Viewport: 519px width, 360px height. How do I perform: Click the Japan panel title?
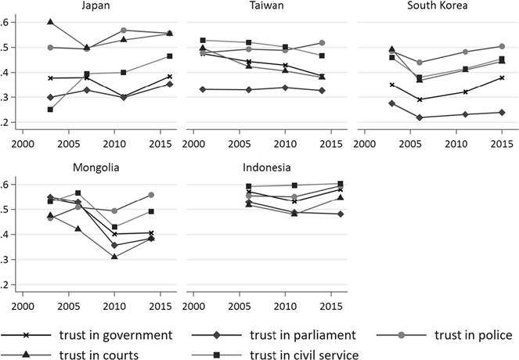tap(96, 6)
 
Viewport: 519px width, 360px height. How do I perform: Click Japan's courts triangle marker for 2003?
tap(50, 22)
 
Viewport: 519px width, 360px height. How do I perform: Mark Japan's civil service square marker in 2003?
tap(50, 110)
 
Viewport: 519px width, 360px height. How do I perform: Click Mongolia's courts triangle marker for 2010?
tap(114, 257)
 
